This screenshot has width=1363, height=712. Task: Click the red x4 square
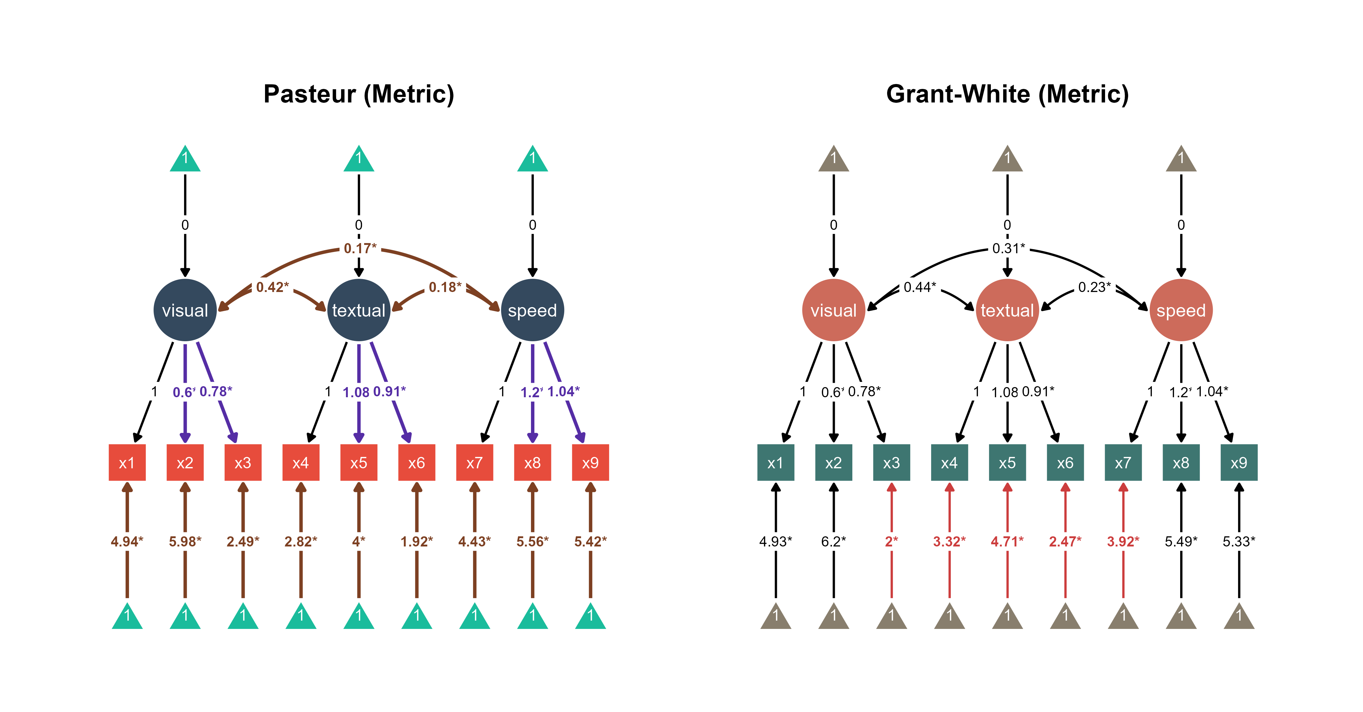pos(300,463)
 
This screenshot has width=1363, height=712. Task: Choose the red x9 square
pos(590,463)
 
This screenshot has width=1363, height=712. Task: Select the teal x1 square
pos(775,463)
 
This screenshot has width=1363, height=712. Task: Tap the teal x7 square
pos(1123,463)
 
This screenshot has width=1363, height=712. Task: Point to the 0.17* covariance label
pos(360,248)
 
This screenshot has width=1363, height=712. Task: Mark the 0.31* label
pos(1008,248)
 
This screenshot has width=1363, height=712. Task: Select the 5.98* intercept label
pos(185,541)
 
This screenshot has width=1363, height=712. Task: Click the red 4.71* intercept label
pos(1007,541)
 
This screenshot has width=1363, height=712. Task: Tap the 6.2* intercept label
pos(833,541)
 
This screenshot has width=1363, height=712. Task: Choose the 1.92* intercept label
pos(416,541)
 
